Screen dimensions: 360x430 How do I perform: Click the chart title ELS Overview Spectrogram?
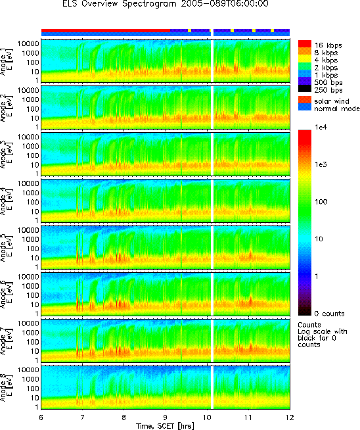[120, 4]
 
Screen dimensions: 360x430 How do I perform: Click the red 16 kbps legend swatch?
[305, 44]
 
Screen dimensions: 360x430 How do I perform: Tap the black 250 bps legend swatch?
[305, 89]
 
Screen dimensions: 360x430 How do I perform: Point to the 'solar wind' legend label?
[332, 101]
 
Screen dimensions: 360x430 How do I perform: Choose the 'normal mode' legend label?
[337, 108]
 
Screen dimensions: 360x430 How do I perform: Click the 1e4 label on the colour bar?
[321, 127]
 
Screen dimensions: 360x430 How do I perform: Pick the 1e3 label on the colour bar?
[321, 164]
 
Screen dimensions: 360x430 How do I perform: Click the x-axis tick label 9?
[166, 418]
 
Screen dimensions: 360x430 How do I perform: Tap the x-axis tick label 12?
[290, 418]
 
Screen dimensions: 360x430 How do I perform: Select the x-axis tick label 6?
[41, 418]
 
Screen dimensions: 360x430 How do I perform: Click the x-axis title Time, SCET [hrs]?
[165, 426]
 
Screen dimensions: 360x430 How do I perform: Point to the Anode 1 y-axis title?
[5, 61]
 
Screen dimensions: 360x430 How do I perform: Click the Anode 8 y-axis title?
[5, 387]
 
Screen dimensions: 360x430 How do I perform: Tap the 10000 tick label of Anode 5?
[29, 230]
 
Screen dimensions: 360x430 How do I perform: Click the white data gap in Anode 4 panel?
[212, 201]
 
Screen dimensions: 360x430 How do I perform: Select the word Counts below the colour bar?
[309, 325]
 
